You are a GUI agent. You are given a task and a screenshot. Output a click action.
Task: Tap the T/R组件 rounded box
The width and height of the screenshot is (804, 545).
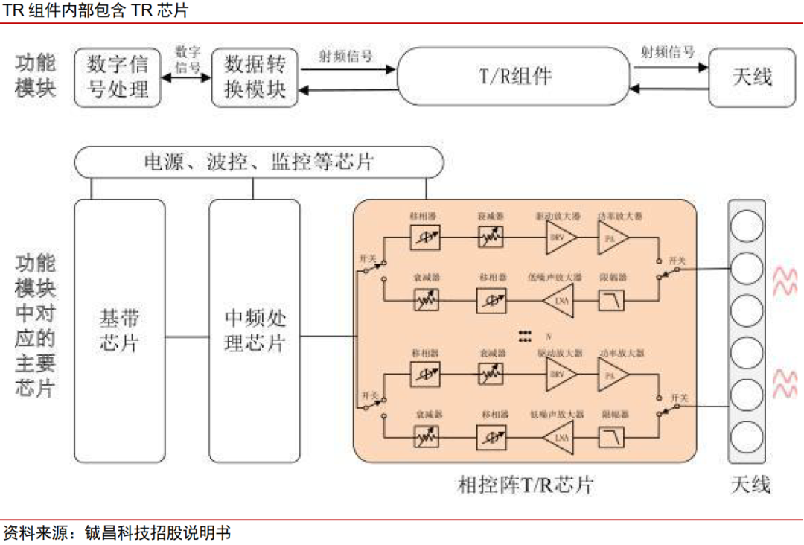click(x=513, y=76)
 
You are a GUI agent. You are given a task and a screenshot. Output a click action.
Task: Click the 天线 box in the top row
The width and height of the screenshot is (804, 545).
click(x=752, y=76)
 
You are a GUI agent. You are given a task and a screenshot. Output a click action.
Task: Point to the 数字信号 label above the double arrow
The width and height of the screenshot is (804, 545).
click(x=188, y=58)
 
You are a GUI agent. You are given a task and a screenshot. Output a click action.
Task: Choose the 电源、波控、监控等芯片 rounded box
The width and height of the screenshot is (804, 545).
click(x=258, y=162)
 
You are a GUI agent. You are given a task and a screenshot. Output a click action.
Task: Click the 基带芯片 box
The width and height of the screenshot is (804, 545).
click(x=119, y=331)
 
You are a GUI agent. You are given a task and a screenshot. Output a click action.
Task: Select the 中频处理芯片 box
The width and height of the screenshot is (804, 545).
click(x=255, y=331)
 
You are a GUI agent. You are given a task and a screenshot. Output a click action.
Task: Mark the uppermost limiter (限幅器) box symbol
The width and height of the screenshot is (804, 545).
click(x=613, y=300)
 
